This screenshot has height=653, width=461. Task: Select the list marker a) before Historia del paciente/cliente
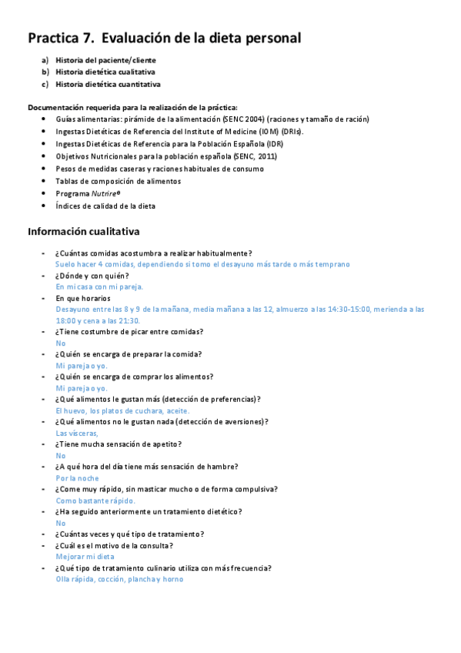tap(45, 59)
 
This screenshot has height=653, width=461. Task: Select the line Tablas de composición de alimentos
tap(118, 181)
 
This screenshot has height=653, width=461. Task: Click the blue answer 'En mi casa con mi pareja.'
tap(99, 286)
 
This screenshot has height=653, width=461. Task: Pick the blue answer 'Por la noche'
tap(77, 477)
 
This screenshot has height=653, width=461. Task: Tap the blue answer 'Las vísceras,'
tap(77, 433)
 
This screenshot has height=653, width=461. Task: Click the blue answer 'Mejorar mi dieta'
tap(85, 556)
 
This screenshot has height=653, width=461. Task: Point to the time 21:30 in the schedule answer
tap(129, 320)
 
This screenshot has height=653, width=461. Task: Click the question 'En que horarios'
tap(83, 298)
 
